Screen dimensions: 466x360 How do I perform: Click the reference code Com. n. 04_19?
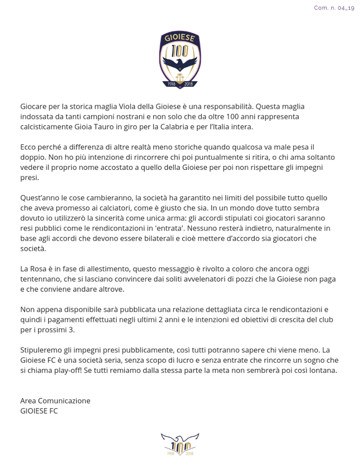coord(334,8)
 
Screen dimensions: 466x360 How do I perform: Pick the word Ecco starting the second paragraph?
coord(29,147)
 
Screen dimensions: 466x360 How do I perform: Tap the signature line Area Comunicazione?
coord(55,401)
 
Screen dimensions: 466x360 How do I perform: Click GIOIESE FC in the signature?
coord(39,411)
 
